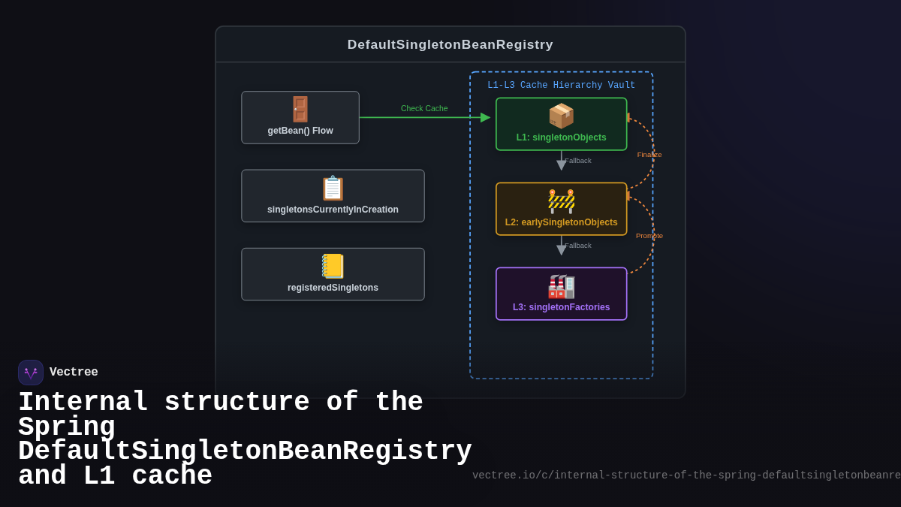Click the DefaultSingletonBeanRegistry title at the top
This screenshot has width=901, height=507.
tap(450, 45)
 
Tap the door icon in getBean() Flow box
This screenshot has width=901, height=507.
tap(300, 109)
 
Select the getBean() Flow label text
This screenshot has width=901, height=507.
tap(300, 131)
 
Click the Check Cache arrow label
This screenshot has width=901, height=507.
tap(424, 108)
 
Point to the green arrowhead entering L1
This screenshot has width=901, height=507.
tap(485, 117)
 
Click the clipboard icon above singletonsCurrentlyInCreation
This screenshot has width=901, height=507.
tap(333, 188)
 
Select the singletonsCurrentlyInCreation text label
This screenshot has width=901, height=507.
tap(333, 210)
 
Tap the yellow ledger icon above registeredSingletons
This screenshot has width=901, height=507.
tap(333, 266)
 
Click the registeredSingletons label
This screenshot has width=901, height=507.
tap(333, 288)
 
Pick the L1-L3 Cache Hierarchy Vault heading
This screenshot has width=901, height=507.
tap(561, 86)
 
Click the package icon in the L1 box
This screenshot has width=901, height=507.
tap(561, 116)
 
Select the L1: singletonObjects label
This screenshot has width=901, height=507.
tap(561, 137)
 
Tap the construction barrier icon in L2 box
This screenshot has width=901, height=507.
tap(561, 201)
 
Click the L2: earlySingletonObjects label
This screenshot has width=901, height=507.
tap(561, 222)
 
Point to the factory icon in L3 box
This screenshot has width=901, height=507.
tap(561, 286)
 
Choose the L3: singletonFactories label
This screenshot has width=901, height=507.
tap(561, 307)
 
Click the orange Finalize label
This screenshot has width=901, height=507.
tap(649, 155)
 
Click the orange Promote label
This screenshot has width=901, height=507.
tap(649, 236)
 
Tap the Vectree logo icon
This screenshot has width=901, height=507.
tap(31, 373)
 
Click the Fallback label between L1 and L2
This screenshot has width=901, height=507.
tap(578, 161)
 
